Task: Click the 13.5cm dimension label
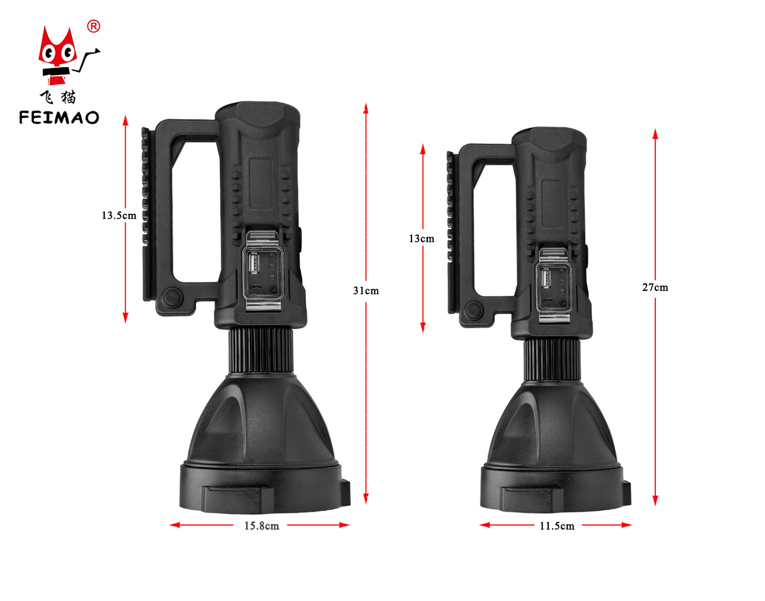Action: coord(119,215)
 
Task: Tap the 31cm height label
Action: coord(366,290)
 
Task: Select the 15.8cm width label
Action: coord(262,525)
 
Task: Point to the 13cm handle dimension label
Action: coord(421,238)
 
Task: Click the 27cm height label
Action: coord(655,287)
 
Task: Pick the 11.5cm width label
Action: coord(557,525)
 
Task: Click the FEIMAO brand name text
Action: coord(59,117)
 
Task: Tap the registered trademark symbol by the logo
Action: coord(93,27)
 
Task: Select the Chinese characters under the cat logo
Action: coord(58,97)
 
